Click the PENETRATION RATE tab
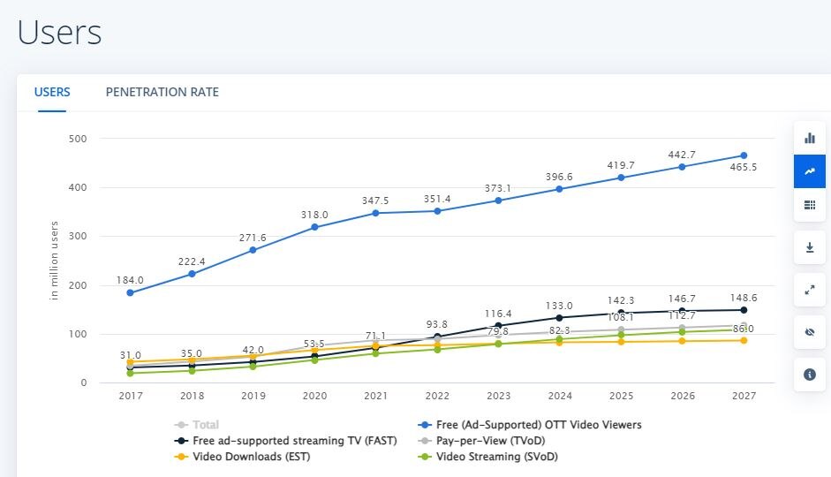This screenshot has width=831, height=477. tap(162, 92)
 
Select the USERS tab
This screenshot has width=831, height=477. tap(52, 92)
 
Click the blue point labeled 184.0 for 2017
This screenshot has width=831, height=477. tap(130, 292)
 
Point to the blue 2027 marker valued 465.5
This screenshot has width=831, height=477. tap(744, 155)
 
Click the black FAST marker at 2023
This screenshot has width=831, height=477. tap(498, 326)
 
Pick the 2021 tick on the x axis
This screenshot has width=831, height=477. tap(375, 395)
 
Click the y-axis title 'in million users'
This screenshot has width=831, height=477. tap(54, 261)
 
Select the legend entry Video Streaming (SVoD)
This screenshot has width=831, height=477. tap(496, 457)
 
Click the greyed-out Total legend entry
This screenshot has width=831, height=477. tap(205, 425)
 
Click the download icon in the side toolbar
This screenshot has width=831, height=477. tap(809, 247)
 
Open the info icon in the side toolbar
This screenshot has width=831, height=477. tap(809, 375)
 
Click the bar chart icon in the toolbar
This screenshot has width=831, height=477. tap(809, 138)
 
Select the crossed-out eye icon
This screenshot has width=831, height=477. tap(809, 332)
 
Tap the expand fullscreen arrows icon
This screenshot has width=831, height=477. tap(809, 290)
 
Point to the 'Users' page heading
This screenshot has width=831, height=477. tap(59, 33)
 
